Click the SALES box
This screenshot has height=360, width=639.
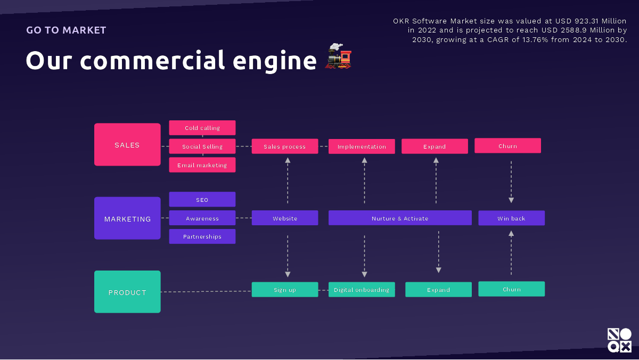coord(127,145)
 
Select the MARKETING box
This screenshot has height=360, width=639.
coord(127,218)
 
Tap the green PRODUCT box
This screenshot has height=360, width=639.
coord(127,292)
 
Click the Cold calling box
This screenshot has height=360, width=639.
coord(202,128)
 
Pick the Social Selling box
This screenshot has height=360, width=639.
coord(202,146)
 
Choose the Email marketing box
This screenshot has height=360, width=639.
coord(202,165)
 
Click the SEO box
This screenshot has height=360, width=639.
coord(202,200)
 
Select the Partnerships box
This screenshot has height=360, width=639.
coord(202,236)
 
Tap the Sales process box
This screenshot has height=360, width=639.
coord(285,146)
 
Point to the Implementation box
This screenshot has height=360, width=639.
coord(362,146)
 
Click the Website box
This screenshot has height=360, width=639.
coord(285,218)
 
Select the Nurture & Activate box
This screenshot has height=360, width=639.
coord(400,218)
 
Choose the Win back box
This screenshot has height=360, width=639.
coord(511,218)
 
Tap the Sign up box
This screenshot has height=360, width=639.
coord(285,290)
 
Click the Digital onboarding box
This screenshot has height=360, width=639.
coord(362,290)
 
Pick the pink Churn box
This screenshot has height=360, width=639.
coord(507,146)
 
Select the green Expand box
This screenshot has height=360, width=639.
coord(438,290)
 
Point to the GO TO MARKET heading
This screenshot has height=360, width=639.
coord(66,30)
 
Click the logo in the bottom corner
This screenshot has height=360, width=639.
coord(619,340)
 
